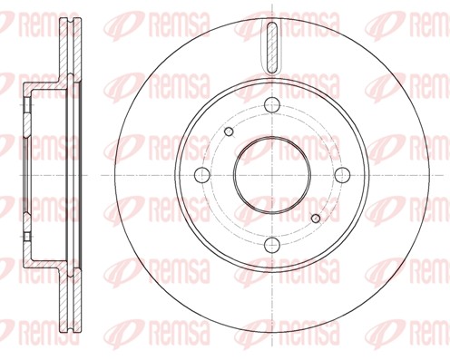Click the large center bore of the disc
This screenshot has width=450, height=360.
click(x=270, y=173)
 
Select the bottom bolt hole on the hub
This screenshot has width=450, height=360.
click(x=271, y=244)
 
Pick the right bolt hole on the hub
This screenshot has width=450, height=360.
click(x=342, y=173)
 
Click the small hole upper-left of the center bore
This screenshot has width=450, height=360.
click(x=229, y=132)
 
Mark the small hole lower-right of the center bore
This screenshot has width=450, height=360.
click(x=315, y=217)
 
